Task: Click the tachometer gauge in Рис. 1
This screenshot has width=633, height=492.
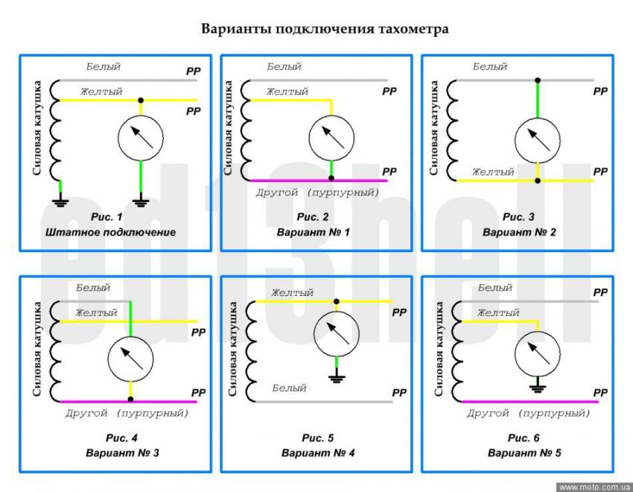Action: (140, 138)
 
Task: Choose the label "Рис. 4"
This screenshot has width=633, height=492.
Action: (114, 437)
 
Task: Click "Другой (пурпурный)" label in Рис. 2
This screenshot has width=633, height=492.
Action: (318, 192)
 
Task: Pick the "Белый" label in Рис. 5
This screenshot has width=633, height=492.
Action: (290, 388)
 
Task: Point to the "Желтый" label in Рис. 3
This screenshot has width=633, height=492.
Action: (493, 171)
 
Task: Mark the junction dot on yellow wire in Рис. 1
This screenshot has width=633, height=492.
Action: (140, 99)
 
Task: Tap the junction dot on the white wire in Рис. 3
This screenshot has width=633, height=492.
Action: (537, 79)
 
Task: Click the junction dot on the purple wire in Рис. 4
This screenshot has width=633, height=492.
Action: (130, 400)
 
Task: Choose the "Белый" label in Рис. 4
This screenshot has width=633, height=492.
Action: (93, 288)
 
